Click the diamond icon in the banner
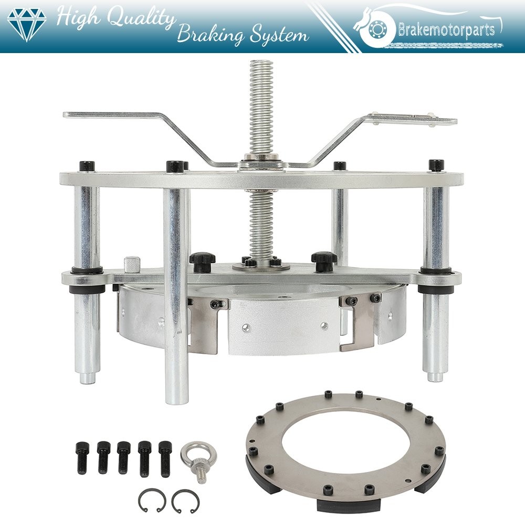(27, 25)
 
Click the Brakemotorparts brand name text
(446, 29)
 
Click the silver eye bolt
(198, 461)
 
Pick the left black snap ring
(152, 500)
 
